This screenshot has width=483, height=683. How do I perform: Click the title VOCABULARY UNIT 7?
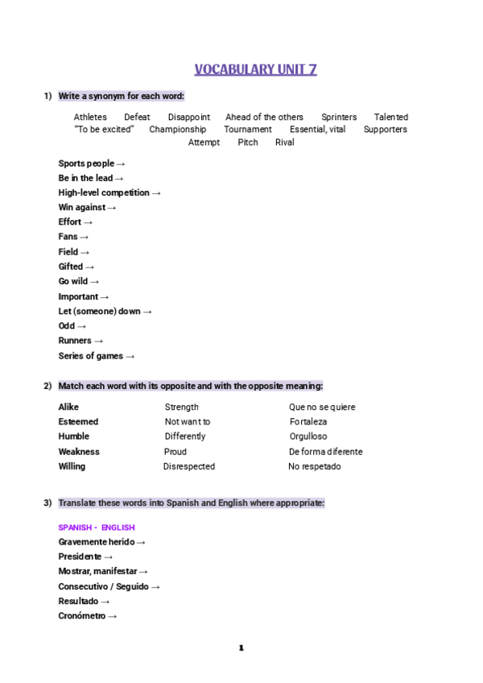coord(255,69)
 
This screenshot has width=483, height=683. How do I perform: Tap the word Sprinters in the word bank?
coord(339,117)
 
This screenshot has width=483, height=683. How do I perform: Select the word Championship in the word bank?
coord(177,129)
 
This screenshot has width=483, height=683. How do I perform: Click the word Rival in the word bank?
coord(284,143)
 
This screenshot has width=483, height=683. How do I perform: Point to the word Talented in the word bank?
coord(390,117)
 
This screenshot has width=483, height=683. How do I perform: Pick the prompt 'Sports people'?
coord(86,164)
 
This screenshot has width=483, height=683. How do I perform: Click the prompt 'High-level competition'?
coord(104,192)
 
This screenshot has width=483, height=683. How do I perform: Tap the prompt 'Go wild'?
coord(73,281)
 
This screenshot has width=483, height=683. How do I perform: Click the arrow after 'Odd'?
coord(80,326)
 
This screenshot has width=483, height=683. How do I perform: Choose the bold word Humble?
coord(74,437)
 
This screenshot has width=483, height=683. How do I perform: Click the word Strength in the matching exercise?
coord(182,407)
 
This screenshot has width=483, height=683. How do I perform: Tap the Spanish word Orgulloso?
coord(308,437)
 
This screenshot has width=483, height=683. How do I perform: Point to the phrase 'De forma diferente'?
coord(325,452)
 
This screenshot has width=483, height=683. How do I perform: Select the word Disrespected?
coord(189,466)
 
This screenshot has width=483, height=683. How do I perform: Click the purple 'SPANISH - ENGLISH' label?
coord(97,528)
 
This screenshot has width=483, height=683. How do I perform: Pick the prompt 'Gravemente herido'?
coord(96,542)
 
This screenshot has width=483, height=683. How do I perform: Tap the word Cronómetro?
coord(82,616)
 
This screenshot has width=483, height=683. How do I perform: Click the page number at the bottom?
coord(241,648)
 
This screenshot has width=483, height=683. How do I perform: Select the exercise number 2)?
coord(47,386)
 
